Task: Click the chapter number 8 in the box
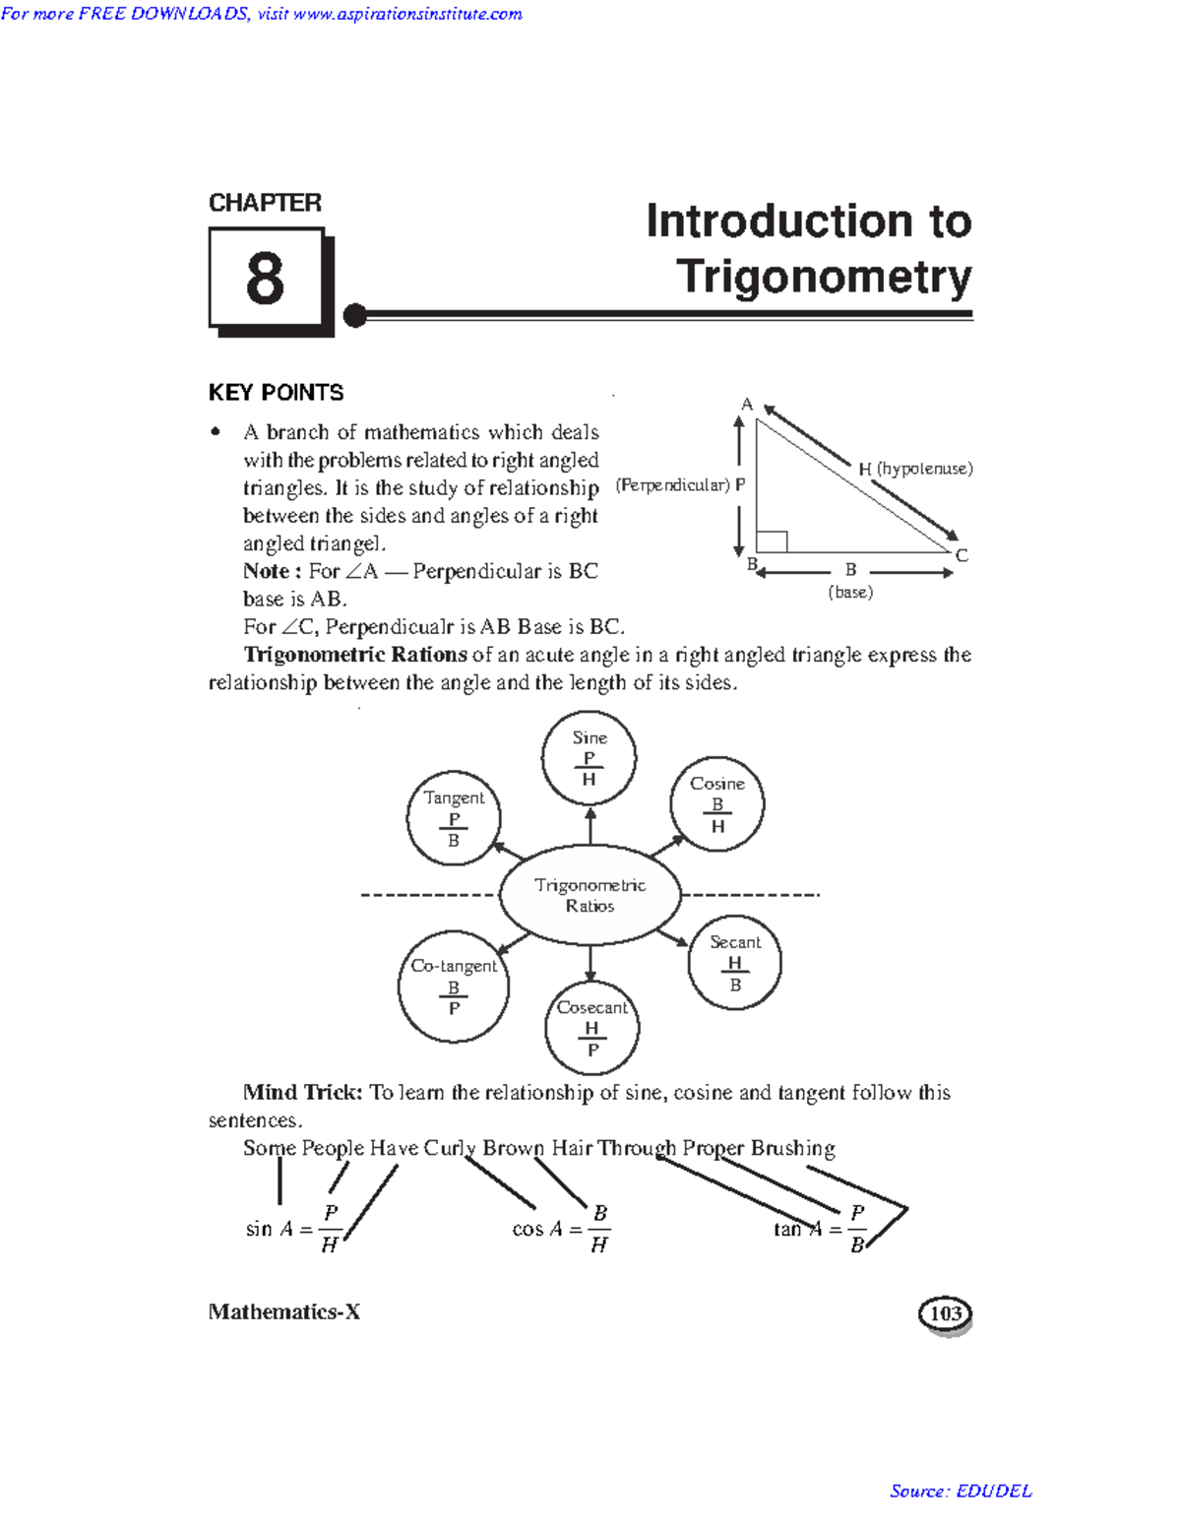tap(265, 278)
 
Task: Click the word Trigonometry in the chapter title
tap(824, 277)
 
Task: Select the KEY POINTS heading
tap(276, 393)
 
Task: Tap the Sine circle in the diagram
tap(589, 757)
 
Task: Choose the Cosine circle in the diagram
tap(716, 803)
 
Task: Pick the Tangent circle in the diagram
tap(454, 817)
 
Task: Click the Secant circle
tap(734, 962)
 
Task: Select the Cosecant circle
tap(591, 1028)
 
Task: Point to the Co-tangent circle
tap(454, 987)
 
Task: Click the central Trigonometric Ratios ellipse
tap(590, 895)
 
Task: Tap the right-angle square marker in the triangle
tap(772, 542)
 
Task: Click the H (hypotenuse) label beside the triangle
tap(915, 469)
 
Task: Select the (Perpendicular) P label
tap(680, 485)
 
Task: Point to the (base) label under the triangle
tap(850, 592)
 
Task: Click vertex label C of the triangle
tap(962, 555)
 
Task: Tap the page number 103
tap(945, 1313)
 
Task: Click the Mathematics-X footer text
tap(284, 1311)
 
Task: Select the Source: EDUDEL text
tap(961, 1491)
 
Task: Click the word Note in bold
tap(266, 571)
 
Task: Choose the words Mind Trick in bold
tap(303, 1092)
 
